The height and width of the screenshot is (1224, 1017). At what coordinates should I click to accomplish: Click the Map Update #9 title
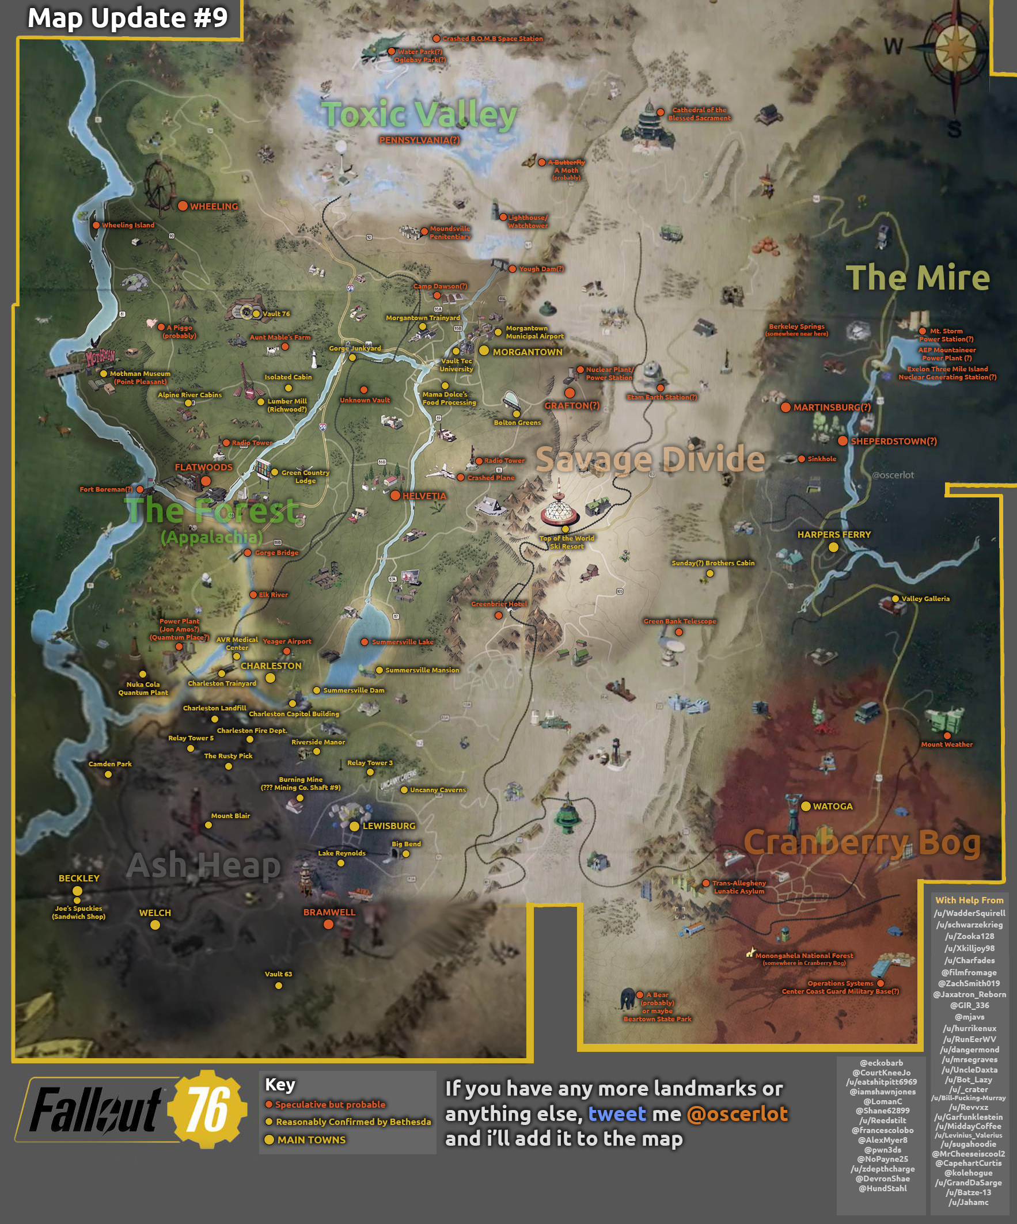pyautogui.click(x=128, y=17)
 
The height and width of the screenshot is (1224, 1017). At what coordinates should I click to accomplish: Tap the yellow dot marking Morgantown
pyautogui.click(x=484, y=351)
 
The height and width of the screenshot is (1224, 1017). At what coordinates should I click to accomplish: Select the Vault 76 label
pyautogui.click(x=276, y=314)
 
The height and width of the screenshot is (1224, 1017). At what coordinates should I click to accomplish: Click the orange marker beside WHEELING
pyautogui.click(x=183, y=206)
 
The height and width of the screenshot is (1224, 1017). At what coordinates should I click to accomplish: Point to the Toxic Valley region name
pyautogui.click(x=419, y=114)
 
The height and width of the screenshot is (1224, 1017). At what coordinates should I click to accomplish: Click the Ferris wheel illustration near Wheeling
pyautogui.click(x=158, y=185)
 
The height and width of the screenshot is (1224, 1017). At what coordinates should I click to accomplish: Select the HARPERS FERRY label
pyautogui.click(x=834, y=534)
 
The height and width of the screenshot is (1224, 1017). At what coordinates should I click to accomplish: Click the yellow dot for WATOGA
pyautogui.click(x=805, y=806)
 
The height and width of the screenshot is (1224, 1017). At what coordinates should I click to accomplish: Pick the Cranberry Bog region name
pyautogui.click(x=862, y=843)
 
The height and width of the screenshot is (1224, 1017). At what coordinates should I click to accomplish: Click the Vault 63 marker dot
pyautogui.click(x=279, y=986)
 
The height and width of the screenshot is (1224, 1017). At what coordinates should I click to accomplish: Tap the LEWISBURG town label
pyautogui.click(x=389, y=826)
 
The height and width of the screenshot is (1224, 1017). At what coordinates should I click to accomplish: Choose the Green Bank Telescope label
pyautogui.click(x=680, y=621)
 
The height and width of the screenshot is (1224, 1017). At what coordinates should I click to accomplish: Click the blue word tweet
pyautogui.click(x=617, y=1114)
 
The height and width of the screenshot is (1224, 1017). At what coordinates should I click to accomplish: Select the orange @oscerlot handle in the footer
pyautogui.click(x=737, y=1114)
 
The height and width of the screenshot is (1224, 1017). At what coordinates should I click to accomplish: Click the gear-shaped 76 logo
pyautogui.click(x=207, y=1109)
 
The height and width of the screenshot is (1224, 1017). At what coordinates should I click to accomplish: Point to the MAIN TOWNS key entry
pyautogui.click(x=312, y=1139)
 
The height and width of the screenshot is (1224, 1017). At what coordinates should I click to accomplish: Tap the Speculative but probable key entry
pyautogui.click(x=330, y=1104)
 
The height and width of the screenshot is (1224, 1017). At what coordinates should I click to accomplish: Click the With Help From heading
pyautogui.click(x=969, y=900)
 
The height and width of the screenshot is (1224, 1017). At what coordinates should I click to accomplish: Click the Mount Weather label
pyautogui.click(x=946, y=744)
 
